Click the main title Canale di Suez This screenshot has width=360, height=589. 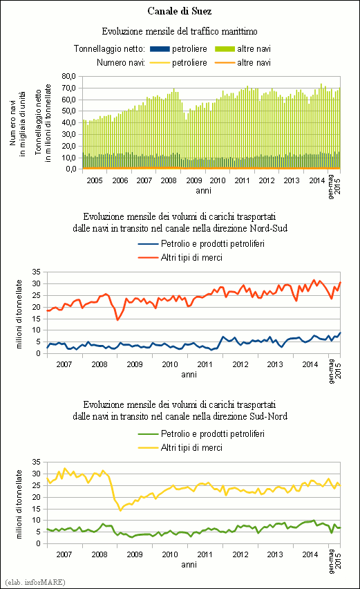(x=180, y=11)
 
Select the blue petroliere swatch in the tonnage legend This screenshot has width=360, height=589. (x=160, y=49)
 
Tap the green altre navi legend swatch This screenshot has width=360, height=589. (x=225, y=49)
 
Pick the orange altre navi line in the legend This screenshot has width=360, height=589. (x=225, y=63)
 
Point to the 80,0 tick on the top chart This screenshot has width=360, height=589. (x=69, y=76)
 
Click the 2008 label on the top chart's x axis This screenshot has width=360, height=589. (x=169, y=180)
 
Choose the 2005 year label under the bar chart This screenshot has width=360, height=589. (x=95, y=180)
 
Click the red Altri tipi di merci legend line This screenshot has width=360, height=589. (x=148, y=258)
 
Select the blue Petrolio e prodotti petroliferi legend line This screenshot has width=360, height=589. (x=148, y=244)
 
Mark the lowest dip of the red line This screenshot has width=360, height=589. (x=117, y=319)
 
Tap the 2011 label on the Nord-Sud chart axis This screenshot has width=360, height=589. (x=205, y=364)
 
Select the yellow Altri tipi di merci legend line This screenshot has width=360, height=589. (x=148, y=448)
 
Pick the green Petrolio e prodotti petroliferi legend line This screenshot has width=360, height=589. (x=148, y=434)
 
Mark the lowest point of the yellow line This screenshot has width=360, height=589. (x=120, y=510)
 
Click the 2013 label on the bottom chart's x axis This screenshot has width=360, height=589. (x=275, y=554)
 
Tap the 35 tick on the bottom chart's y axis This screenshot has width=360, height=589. (x=37, y=462)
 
